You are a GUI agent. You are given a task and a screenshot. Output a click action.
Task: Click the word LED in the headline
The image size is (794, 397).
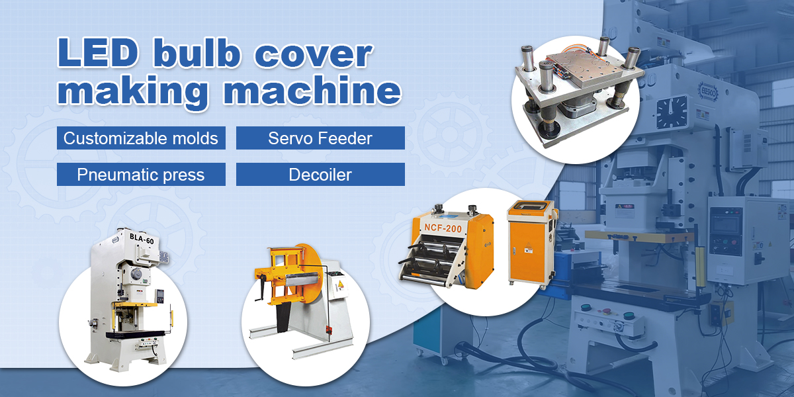(97, 52)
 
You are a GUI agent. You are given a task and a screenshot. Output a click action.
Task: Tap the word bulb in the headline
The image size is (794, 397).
(196, 52)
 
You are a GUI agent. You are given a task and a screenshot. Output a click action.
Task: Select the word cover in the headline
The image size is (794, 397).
(314, 56)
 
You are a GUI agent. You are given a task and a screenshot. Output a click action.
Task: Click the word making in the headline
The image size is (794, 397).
(132, 91)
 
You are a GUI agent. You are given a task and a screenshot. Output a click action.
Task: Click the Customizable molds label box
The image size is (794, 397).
(141, 138)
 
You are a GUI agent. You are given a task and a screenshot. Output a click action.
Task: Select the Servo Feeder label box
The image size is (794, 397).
(320, 138)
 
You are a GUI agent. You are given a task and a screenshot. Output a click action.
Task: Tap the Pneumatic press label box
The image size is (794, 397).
(141, 175)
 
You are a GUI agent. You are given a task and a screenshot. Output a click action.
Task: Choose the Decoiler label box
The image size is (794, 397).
(320, 175)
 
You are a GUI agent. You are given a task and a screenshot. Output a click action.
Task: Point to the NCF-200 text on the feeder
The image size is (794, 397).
(443, 227)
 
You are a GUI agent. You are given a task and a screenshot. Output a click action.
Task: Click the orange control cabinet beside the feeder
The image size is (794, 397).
(531, 243)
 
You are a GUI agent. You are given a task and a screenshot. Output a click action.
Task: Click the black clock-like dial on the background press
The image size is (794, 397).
(672, 112)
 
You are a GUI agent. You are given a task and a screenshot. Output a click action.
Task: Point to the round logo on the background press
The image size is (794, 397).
(708, 92)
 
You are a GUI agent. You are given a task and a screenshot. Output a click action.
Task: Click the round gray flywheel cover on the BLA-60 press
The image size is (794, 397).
(136, 275)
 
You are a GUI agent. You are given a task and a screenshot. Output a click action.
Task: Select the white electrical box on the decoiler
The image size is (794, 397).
(338, 285)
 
